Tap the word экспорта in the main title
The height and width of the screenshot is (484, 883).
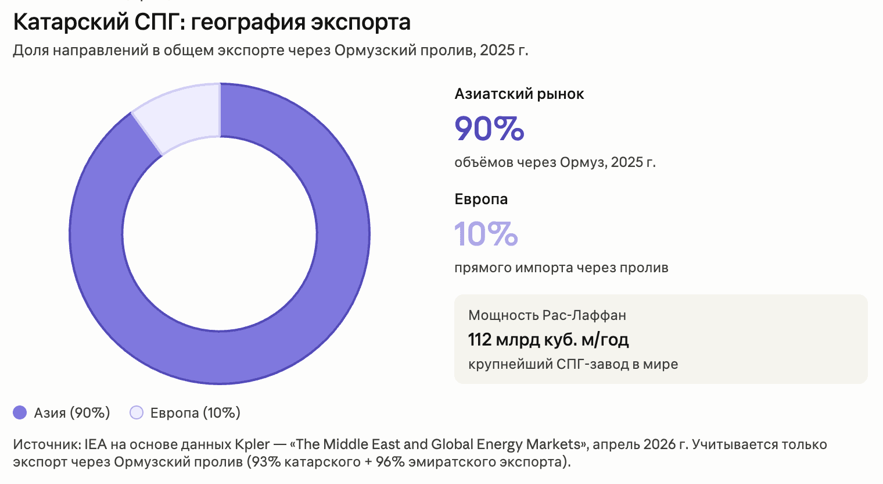[361, 23]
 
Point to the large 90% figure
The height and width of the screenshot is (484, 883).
[489, 129]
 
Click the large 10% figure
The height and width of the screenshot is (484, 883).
[486, 234]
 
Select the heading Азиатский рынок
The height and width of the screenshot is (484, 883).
[519, 94]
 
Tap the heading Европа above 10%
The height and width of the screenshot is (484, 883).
[481, 200]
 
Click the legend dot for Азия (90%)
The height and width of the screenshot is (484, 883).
[20, 413]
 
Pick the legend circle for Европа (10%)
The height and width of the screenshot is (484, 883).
[137, 413]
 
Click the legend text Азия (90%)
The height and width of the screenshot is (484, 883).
[72, 413]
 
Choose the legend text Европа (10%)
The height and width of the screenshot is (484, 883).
[195, 413]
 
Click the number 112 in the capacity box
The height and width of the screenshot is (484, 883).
[480, 340]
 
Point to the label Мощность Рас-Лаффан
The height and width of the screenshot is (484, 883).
[547, 315]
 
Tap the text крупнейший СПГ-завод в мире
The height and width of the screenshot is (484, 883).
[573, 364]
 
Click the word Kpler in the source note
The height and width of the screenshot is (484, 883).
[252, 444]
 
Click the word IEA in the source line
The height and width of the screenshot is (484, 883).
[95, 444]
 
